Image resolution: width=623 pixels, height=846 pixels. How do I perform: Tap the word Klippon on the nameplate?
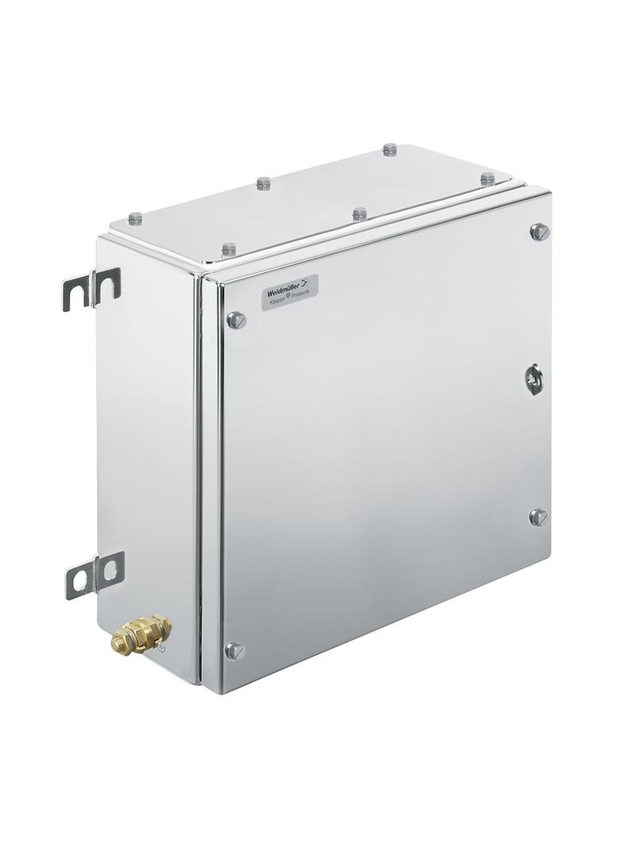[277, 302]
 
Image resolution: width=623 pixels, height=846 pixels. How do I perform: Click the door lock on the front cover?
[534, 378]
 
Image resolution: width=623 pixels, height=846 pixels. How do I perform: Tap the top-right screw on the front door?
[540, 231]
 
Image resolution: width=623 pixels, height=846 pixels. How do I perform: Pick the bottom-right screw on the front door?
[539, 517]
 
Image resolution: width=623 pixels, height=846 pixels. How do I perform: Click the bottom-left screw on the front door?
[235, 651]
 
